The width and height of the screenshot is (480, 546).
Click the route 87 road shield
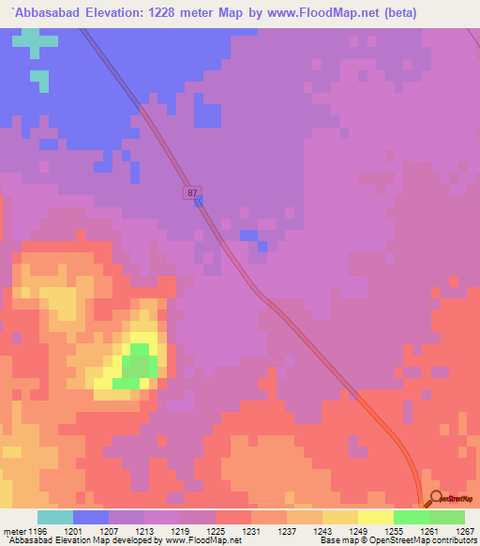(x=192, y=192)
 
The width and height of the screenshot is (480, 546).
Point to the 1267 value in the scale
(x=466, y=530)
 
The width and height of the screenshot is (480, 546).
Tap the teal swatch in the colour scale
(x=55, y=517)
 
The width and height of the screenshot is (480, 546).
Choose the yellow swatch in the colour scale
(x=375, y=517)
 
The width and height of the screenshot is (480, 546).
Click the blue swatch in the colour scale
(x=91, y=517)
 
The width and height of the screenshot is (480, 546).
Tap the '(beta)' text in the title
(x=367, y=12)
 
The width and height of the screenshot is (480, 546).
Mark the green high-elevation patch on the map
(x=137, y=367)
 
